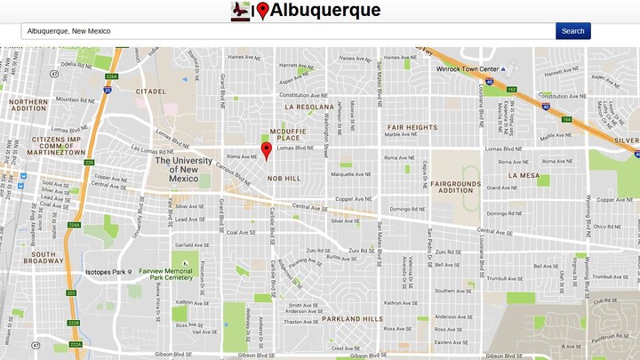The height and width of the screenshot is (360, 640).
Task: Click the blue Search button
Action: [572, 31]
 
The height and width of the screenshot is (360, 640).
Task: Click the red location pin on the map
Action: [266, 149]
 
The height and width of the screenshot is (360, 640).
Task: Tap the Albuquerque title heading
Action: [324, 11]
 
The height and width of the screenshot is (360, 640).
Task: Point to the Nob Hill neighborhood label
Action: [284, 178]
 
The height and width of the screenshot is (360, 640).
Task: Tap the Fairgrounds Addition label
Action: [452, 187]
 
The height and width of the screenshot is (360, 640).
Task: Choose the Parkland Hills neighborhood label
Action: [352, 318]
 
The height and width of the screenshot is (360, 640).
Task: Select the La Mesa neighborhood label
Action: [524, 176]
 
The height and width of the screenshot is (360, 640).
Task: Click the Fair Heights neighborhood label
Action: [412, 127]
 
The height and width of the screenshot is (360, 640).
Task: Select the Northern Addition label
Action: [28, 106]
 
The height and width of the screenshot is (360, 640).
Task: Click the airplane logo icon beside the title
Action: [240, 11]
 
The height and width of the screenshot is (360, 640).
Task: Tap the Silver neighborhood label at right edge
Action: [626, 140]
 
